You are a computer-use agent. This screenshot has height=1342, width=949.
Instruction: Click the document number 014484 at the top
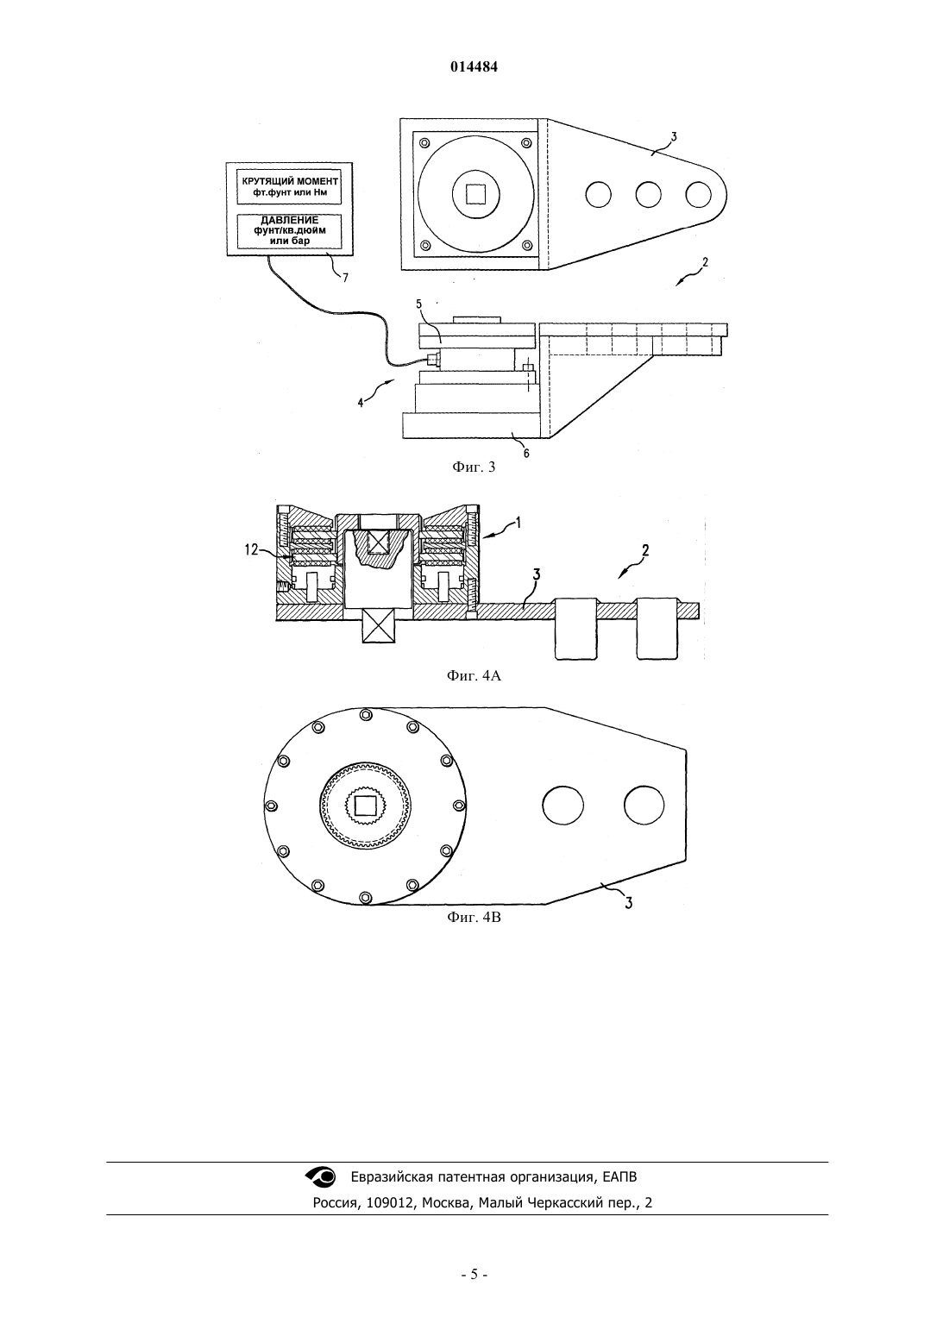coord(474,67)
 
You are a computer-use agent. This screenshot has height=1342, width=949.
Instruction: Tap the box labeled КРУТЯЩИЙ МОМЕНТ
coord(290,186)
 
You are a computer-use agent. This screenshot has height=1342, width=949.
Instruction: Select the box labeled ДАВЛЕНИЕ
coord(290,231)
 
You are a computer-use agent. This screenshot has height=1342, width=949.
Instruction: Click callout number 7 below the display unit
coord(345,278)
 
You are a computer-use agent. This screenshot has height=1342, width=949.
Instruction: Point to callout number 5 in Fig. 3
coord(418,304)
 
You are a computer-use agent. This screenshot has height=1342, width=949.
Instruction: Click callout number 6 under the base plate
coord(526,454)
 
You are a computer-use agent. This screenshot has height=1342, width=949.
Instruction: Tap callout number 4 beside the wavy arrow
coord(361,403)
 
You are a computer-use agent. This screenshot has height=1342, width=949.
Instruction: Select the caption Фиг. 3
coord(474,467)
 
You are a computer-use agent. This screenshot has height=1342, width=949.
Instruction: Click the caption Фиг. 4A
coord(474,676)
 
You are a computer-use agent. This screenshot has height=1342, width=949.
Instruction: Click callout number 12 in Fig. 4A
coord(252,549)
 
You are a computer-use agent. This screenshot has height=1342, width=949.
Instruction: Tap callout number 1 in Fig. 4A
coord(518,523)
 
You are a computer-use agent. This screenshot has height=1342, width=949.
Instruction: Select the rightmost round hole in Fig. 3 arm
coord(698,195)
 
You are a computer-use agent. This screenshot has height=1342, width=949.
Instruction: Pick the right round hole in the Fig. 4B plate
coord(644,806)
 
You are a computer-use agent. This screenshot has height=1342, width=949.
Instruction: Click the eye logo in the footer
coord(321,1176)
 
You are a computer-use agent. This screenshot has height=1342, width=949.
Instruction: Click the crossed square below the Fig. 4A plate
coord(379,625)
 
